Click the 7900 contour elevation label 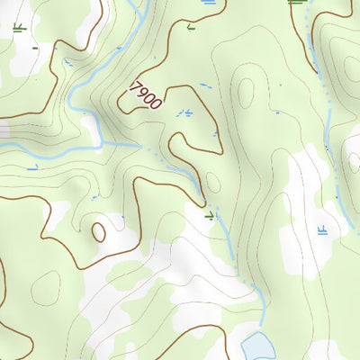click(146, 94)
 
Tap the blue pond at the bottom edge click(258, 346)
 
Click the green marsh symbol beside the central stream click(210, 216)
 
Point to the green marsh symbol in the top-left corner click(19, 27)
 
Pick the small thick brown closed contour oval click(98, 232)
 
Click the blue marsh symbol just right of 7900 click(184, 112)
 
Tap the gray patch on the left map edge click(4, 131)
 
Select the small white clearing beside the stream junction click(90, 126)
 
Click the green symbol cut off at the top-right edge click(295, 3)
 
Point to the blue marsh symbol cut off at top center click(209, 3)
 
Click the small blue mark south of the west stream click(32, 166)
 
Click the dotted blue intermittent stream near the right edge click(331, 135)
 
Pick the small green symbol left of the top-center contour click(189, 27)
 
